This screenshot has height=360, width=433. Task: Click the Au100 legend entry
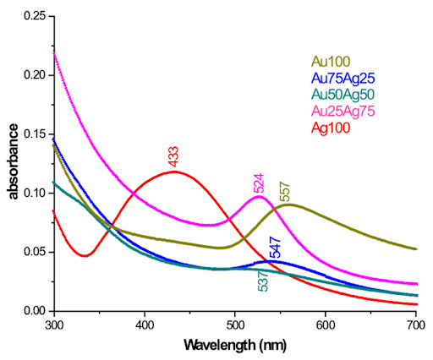coord(332,60)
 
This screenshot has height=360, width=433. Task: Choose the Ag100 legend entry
coord(332,128)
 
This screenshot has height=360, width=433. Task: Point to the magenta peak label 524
coord(260,183)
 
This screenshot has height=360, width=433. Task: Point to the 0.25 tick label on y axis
coord(32,15)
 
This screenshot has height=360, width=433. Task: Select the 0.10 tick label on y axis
coord(32,193)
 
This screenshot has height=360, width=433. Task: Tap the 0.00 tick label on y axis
coord(32,311)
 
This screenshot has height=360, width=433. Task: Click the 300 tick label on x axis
coord(54,325)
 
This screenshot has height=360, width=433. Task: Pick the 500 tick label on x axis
coord(234,325)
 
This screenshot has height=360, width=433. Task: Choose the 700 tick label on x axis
coord(414,325)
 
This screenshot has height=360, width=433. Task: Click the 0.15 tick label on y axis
coord(32,134)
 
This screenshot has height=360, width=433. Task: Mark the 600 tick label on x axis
coord(324,325)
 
